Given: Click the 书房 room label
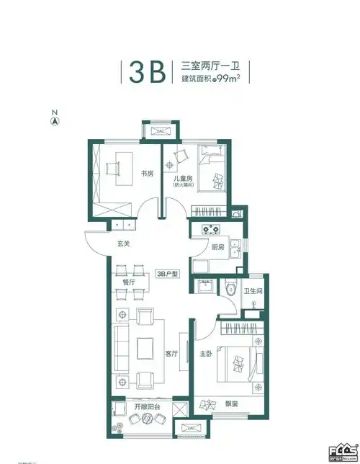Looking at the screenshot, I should pyautogui.click(x=147, y=174).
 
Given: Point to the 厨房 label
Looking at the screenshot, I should pyautogui.click(x=217, y=246).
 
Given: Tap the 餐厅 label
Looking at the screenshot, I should pyautogui.click(x=129, y=282).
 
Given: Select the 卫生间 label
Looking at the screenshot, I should pyautogui.click(x=252, y=292).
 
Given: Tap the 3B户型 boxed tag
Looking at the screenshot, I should pyautogui.click(x=168, y=274).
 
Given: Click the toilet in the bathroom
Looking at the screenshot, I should pyautogui.click(x=230, y=287).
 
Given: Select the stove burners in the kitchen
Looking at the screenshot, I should pyautogui.click(x=210, y=231).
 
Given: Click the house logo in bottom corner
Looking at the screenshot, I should pyautogui.click(x=343, y=452).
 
